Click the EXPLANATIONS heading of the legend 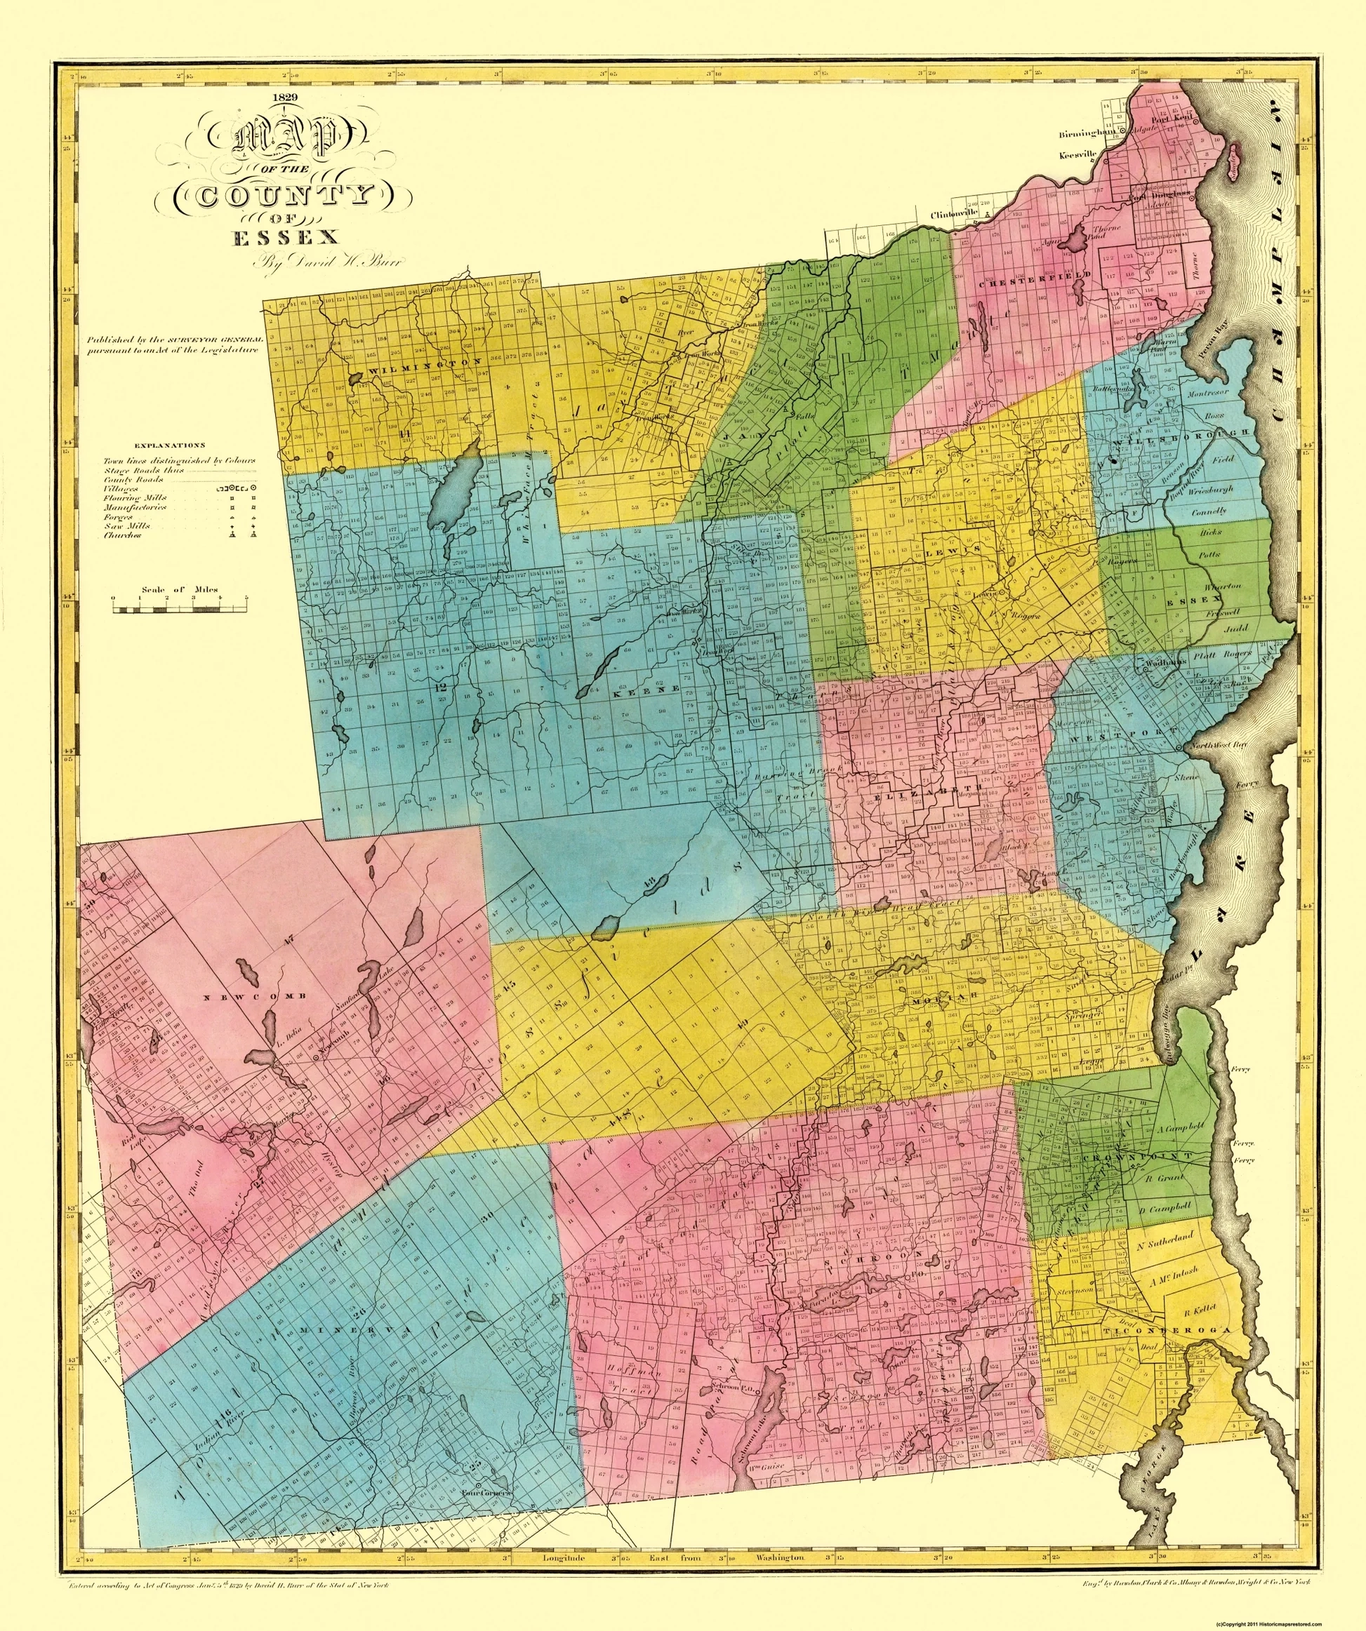[x=170, y=446]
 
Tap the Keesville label [x=1078, y=154]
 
